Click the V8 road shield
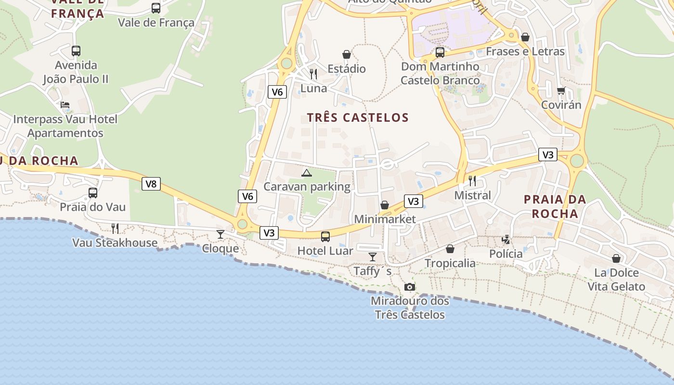[151, 184]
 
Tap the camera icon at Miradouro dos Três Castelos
[410, 287]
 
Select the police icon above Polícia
[506, 239]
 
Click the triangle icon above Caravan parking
[306, 173]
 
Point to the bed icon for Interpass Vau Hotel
[65, 105]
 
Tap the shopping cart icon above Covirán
[561, 90]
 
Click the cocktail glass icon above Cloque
[220, 234]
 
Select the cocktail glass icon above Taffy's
[372, 257]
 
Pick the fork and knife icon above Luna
[313, 74]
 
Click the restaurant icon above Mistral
[472, 181]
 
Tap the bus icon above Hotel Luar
[325, 236]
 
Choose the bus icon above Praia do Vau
[93, 192]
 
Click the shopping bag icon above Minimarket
[385, 205]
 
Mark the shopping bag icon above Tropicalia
[450, 249]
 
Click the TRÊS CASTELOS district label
[358, 117]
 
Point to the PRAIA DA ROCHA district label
[555, 206]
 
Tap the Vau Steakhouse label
[115, 243]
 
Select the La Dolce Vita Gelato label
[616, 280]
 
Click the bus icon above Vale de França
[156, 8]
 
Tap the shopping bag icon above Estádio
[346, 54]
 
